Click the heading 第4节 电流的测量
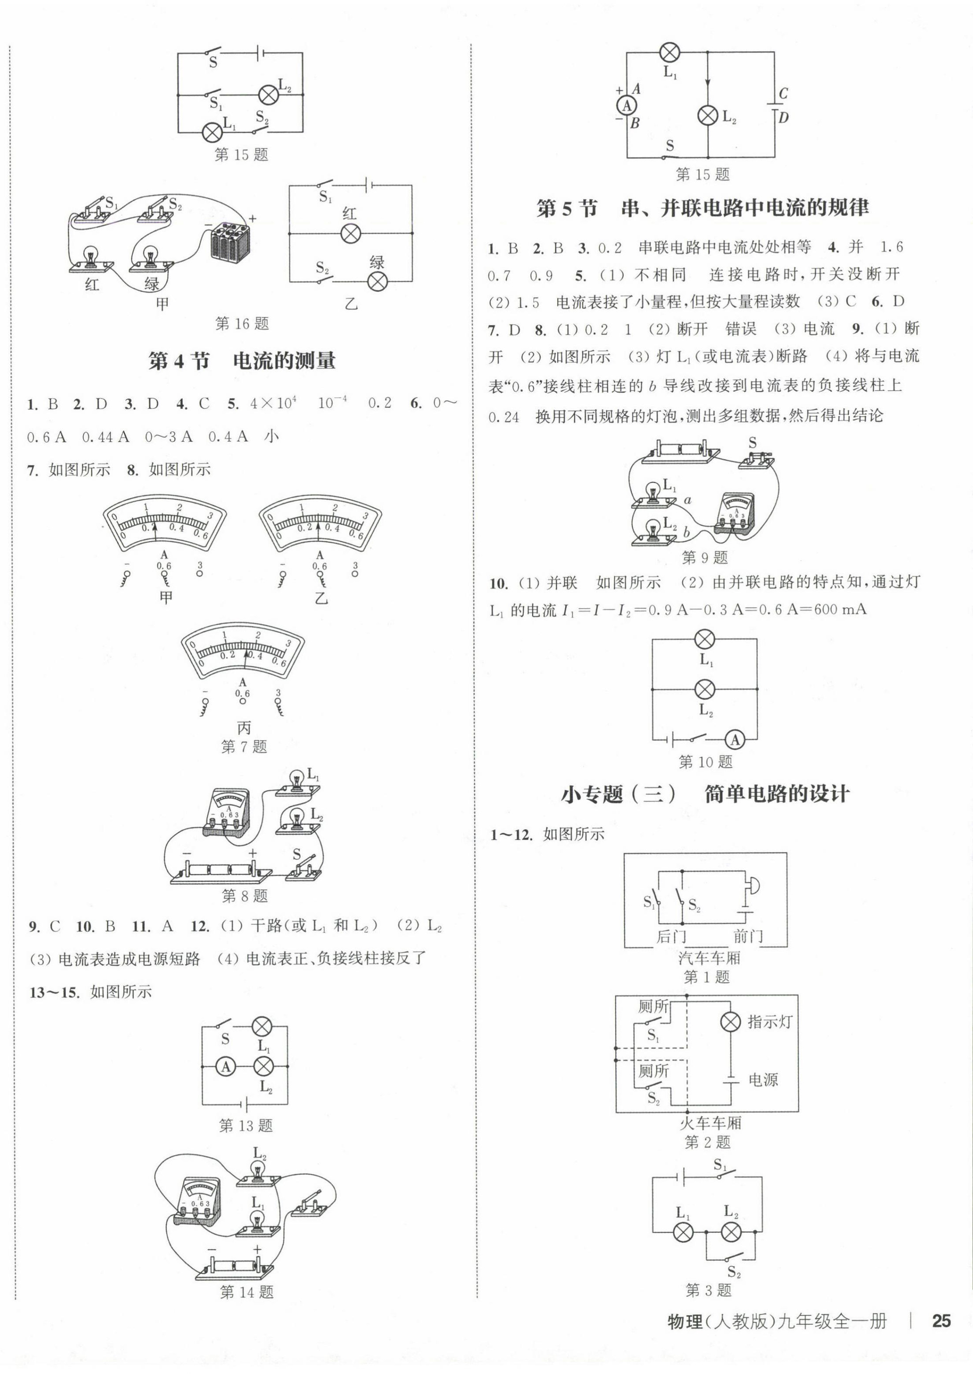pyautogui.click(x=241, y=361)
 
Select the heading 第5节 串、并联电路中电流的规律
pyautogui.click(x=702, y=208)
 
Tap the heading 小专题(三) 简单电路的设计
pyautogui.click(x=705, y=794)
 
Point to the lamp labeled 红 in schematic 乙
pyautogui.click(x=350, y=233)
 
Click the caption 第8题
pyautogui.click(x=245, y=896)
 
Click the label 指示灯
pyautogui.click(x=770, y=1023)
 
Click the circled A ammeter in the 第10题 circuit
pyautogui.click(x=735, y=740)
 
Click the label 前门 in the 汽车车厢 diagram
pyautogui.click(x=748, y=936)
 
